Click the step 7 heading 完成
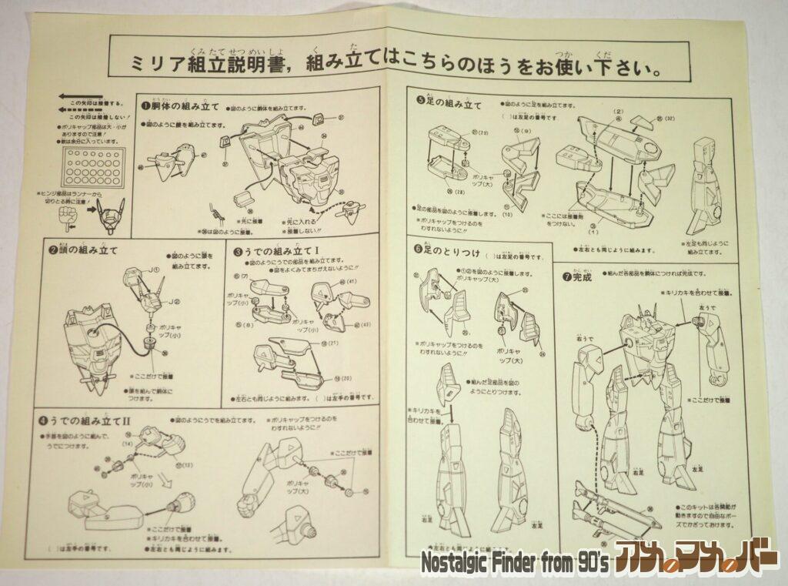(577, 276)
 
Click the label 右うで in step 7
(593, 336)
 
